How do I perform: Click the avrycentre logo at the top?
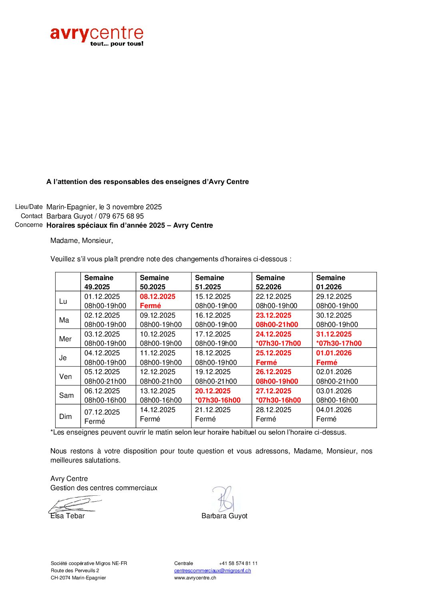96,36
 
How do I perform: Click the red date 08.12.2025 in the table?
158,296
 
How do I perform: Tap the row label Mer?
65,339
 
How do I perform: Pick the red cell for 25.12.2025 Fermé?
273,357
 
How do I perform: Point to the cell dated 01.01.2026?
334,357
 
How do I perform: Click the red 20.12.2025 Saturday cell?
217,395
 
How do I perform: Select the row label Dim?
66,417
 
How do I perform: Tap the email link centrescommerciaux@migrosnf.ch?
212,571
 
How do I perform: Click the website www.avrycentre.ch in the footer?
195,578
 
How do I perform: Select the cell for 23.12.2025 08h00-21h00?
277,320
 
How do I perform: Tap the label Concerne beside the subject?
28,225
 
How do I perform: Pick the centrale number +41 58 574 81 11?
238,563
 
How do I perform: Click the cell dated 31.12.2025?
339,339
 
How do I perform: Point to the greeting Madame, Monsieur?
82,240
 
